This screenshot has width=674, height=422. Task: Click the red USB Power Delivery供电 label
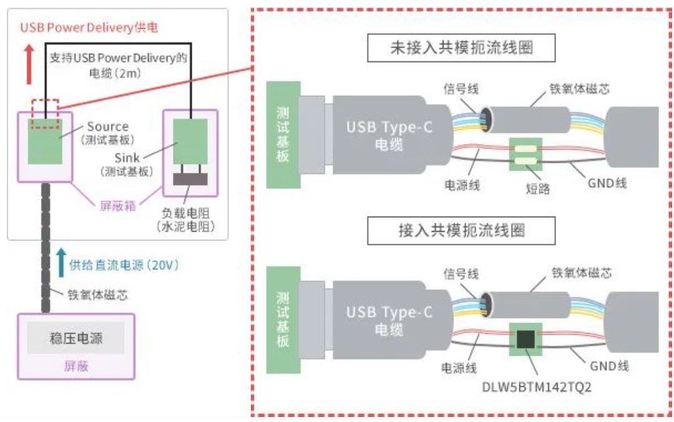80,28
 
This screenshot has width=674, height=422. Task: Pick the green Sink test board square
190,142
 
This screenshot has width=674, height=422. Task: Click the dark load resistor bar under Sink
190,179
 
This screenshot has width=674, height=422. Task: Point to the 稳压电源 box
76,339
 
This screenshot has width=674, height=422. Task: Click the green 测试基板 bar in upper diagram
283,134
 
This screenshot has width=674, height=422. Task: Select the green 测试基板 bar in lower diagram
283,320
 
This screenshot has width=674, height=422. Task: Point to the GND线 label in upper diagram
607,183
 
